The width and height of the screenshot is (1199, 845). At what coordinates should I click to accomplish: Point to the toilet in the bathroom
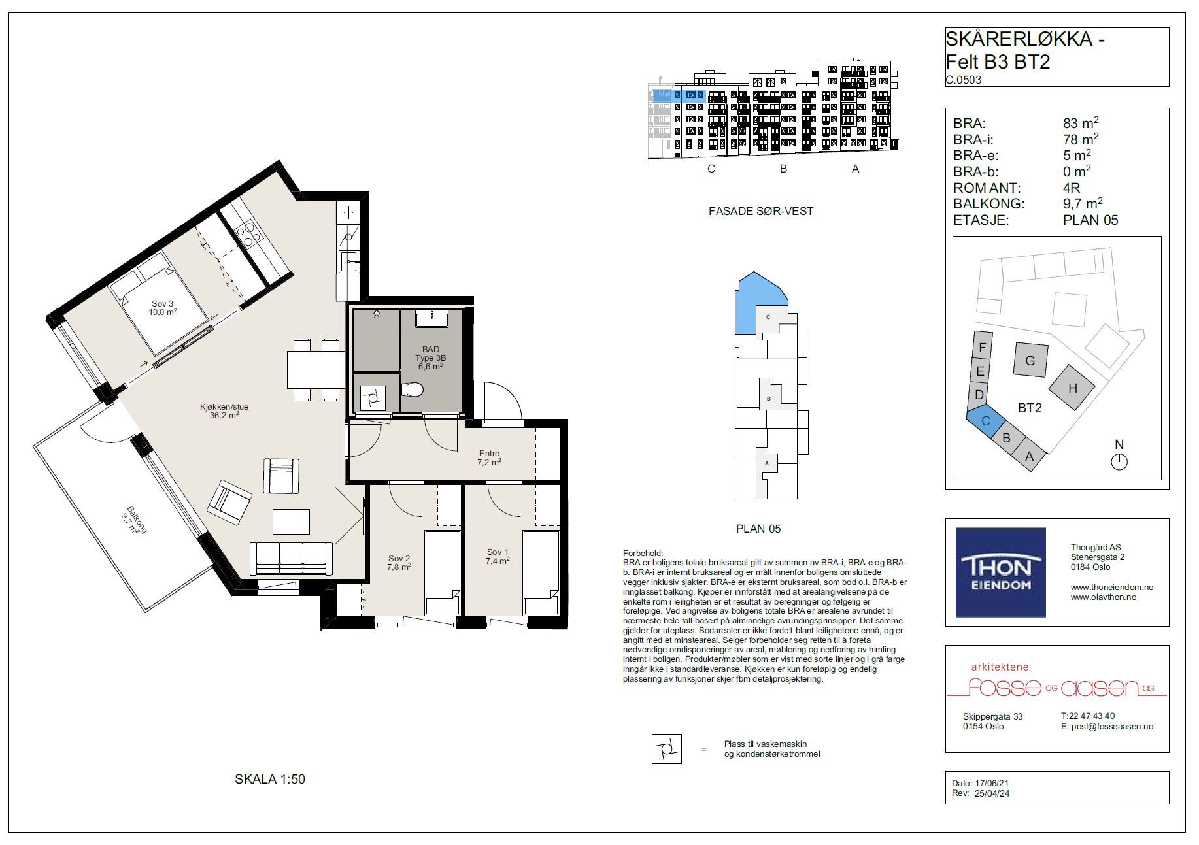pyautogui.click(x=413, y=390)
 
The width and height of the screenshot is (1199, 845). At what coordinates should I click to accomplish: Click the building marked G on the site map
pyautogui.click(x=1030, y=360)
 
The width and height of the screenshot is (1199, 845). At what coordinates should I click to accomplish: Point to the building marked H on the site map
pyautogui.click(x=1072, y=388)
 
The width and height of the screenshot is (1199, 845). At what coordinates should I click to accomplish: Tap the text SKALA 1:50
pyautogui.click(x=270, y=779)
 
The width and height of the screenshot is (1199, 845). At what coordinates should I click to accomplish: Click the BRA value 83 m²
pyautogui.click(x=1081, y=123)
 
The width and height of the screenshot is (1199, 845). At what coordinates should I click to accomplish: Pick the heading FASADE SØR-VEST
pyautogui.click(x=761, y=211)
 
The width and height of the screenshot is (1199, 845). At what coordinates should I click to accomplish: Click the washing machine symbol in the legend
pyautogui.click(x=667, y=749)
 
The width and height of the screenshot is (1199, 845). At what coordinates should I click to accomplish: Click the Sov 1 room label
pyautogui.click(x=498, y=556)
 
